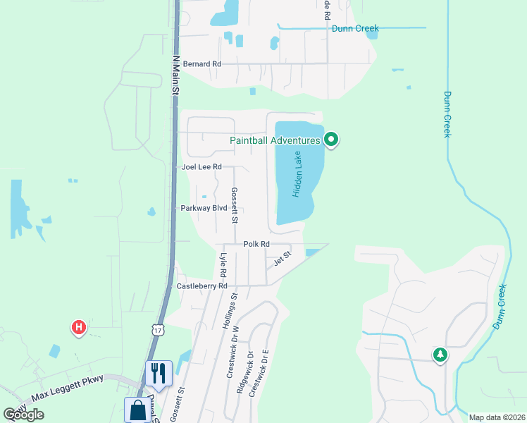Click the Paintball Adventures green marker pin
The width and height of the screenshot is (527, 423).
point(332,140)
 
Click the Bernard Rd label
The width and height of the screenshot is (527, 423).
point(201,64)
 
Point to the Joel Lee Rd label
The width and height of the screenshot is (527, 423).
point(201,167)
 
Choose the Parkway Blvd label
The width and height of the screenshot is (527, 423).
point(204,209)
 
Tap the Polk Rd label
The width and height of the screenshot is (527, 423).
point(256,244)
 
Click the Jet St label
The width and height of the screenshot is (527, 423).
point(282,259)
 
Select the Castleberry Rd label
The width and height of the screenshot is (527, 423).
point(201,286)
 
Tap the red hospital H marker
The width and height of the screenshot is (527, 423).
point(80,327)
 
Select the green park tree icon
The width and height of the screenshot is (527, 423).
point(440,355)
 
